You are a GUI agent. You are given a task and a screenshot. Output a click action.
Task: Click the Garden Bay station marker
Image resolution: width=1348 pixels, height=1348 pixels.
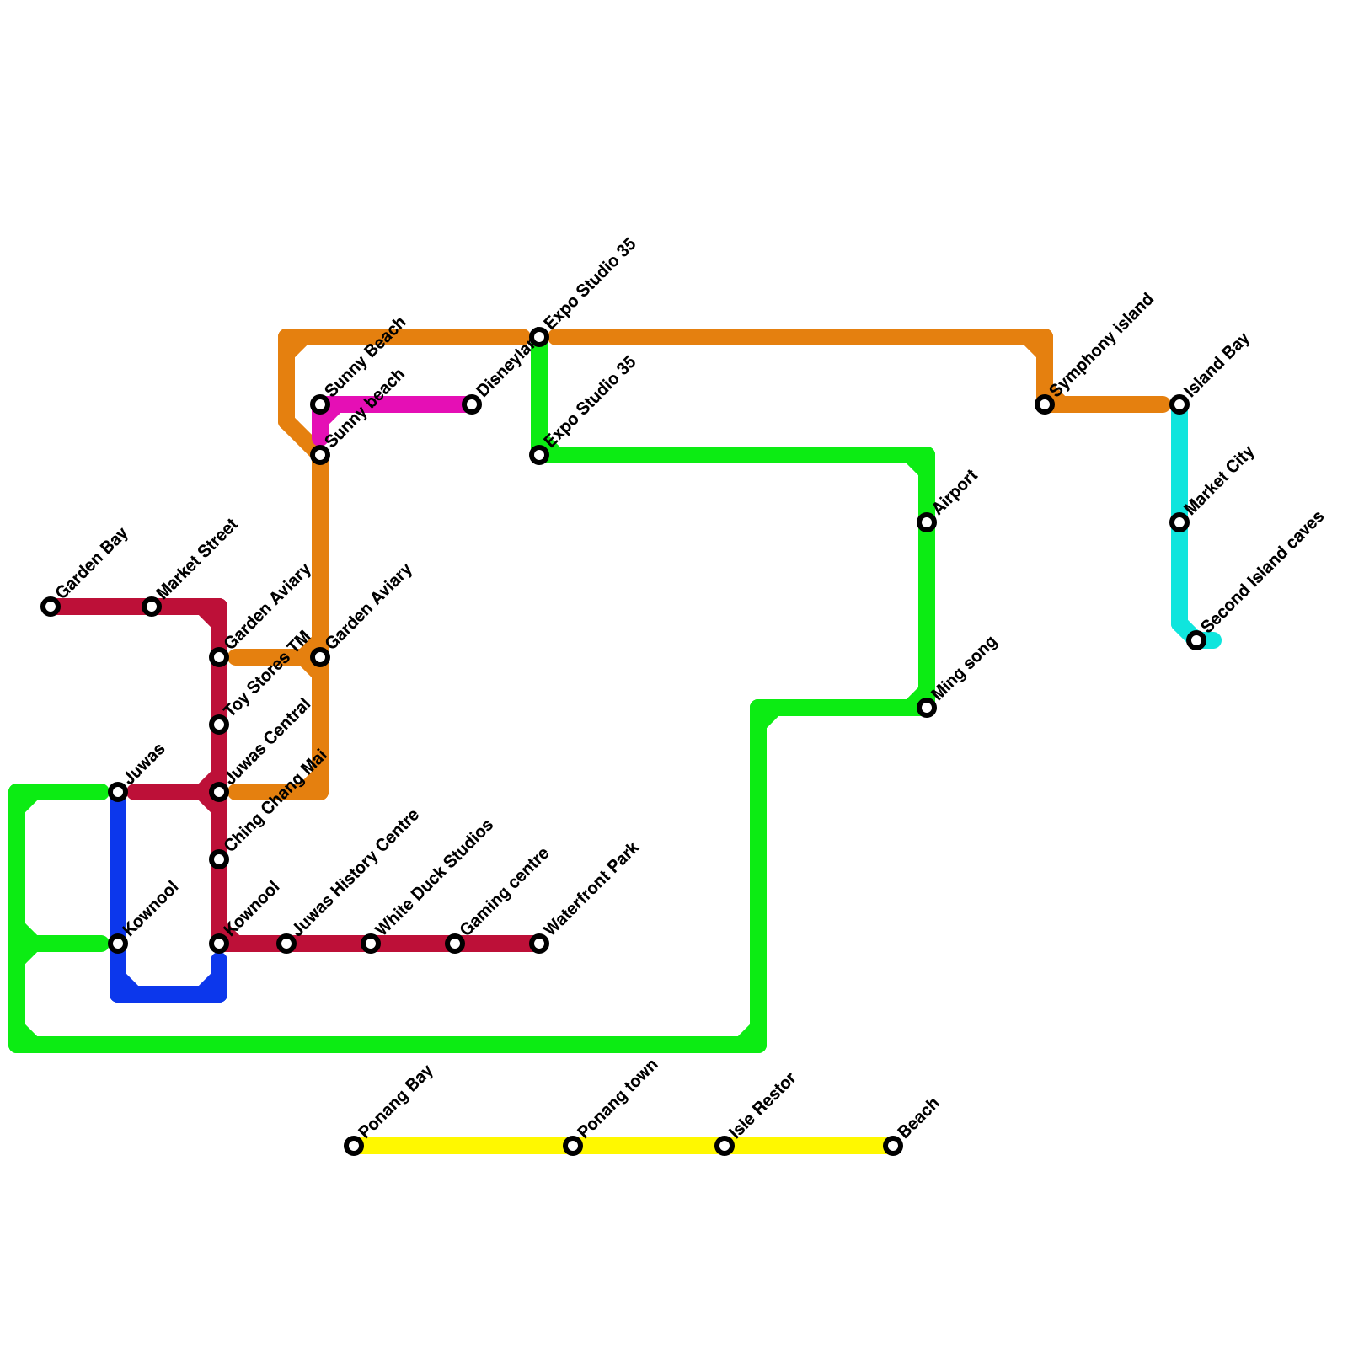point(51,607)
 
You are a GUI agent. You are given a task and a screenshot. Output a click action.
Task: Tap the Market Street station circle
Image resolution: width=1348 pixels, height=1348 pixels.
point(152,607)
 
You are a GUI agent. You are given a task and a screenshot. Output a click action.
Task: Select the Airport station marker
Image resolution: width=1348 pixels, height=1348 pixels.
point(927,522)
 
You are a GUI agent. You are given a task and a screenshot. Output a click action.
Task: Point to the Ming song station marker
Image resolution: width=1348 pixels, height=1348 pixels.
point(927,708)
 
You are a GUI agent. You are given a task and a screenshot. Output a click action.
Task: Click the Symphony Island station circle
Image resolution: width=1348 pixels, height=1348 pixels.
point(1045,404)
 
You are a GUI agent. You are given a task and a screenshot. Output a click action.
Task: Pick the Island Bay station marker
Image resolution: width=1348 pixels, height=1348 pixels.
point(1179,404)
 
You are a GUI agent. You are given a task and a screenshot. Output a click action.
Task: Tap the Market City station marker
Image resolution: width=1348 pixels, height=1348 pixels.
point(1179,522)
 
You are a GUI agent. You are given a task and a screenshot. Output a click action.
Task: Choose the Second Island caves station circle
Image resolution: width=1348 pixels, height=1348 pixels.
point(1196,640)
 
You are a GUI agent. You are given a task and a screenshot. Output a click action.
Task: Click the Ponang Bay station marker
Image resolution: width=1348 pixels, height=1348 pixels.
point(354,1146)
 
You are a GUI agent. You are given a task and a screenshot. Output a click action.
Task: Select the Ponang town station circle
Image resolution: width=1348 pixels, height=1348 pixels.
point(573,1146)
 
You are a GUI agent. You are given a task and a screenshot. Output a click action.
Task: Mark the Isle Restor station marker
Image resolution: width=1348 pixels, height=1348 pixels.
point(725,1146)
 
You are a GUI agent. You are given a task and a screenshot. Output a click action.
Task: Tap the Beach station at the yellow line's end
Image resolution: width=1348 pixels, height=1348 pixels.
point(893,1146)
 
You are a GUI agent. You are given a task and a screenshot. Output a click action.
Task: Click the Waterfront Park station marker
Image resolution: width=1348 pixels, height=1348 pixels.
point(539,944)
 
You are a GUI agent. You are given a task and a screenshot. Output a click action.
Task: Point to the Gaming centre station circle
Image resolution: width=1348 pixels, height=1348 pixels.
point(455,944)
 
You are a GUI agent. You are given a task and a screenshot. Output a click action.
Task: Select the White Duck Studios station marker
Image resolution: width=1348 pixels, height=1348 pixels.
point(371,944)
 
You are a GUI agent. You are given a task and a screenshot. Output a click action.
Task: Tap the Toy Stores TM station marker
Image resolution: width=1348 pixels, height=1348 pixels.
point(219,725)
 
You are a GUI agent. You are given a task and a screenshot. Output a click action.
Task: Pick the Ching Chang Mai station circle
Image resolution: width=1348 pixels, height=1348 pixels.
point(219,859)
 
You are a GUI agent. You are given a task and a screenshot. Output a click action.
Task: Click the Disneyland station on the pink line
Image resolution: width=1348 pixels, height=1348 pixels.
point(472,404)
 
